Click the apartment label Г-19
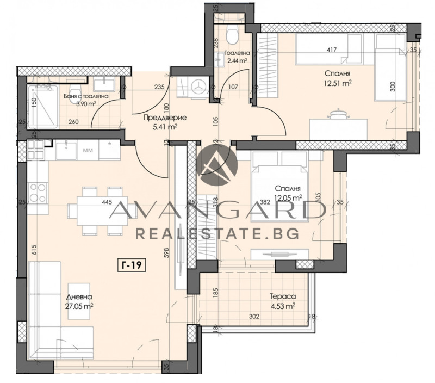point(132,265)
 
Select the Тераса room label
point(282,297)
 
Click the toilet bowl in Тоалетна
point(232,35)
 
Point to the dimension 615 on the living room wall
point(34,250)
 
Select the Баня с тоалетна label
point(85,96)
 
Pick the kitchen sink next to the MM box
point(65,148)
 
